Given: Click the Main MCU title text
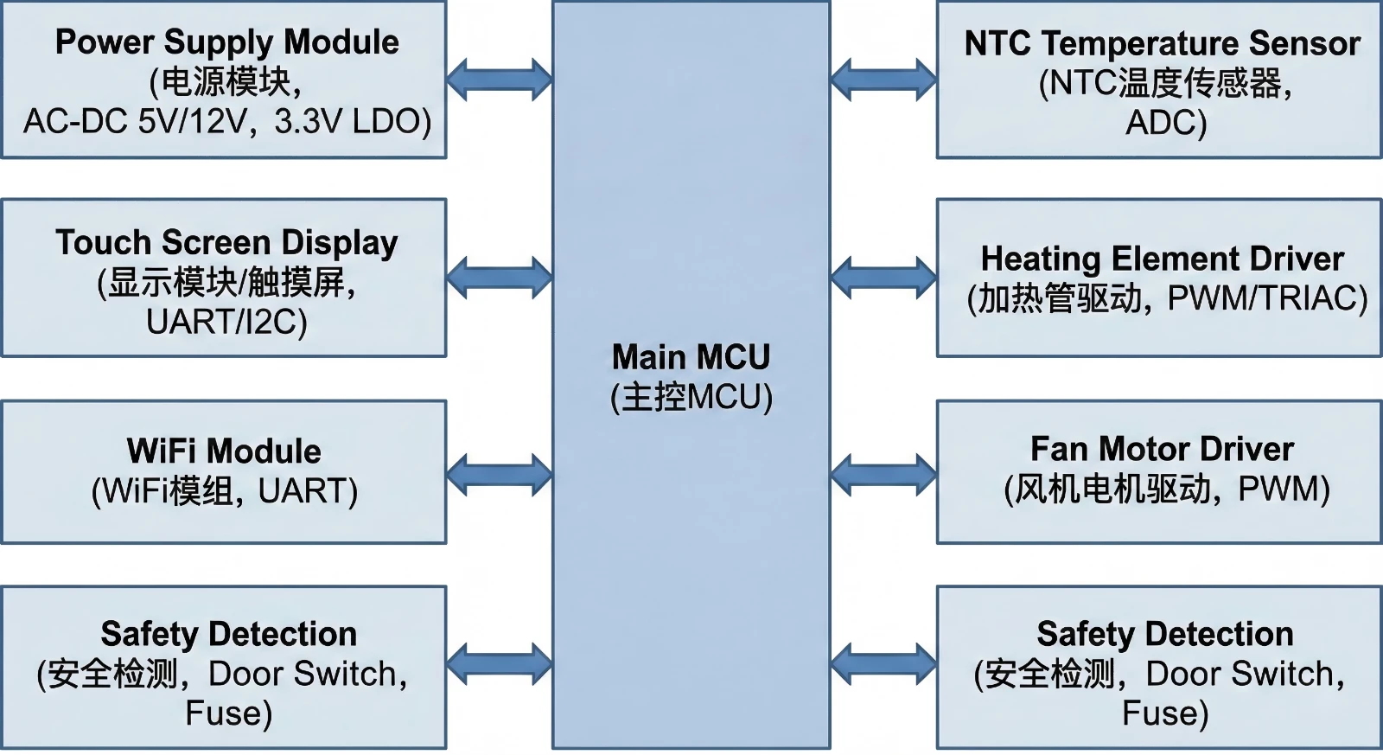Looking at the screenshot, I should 691,357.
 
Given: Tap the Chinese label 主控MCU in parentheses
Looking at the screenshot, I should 691,397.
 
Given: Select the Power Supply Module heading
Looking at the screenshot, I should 226,42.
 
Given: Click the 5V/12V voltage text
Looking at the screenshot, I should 193,122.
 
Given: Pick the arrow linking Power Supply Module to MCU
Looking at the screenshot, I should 500,80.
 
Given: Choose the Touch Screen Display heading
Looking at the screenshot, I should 226,243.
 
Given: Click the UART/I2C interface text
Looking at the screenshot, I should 226,322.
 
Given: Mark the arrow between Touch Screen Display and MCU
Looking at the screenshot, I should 500,278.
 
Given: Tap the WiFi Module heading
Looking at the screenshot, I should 224,451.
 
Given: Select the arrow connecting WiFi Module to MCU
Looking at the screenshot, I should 500,474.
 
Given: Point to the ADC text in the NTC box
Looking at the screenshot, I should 1165,123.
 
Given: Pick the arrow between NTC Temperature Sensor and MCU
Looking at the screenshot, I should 883,80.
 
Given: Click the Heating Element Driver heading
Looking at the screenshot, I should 1163,259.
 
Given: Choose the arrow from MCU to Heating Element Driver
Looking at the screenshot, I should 883,278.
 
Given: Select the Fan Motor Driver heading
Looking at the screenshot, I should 1163,450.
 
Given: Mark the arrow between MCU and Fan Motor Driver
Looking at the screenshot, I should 883,474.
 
